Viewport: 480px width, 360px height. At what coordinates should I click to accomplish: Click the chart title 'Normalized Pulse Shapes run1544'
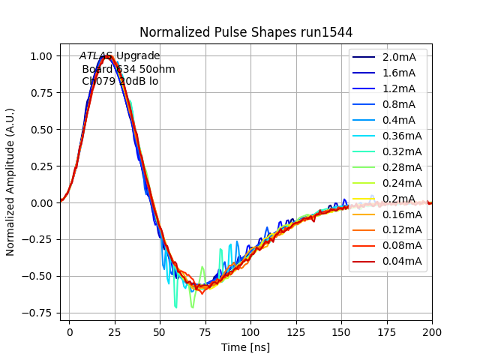[x=246, y=32]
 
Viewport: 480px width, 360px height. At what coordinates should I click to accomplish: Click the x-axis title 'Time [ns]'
[x=245, y=347]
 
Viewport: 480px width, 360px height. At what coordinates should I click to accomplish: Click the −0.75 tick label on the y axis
[x=37, y=313]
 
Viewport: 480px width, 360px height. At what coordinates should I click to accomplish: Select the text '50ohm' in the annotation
[x=160, y=69]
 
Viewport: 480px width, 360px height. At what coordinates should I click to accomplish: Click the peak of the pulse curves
[x=107, y=56]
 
